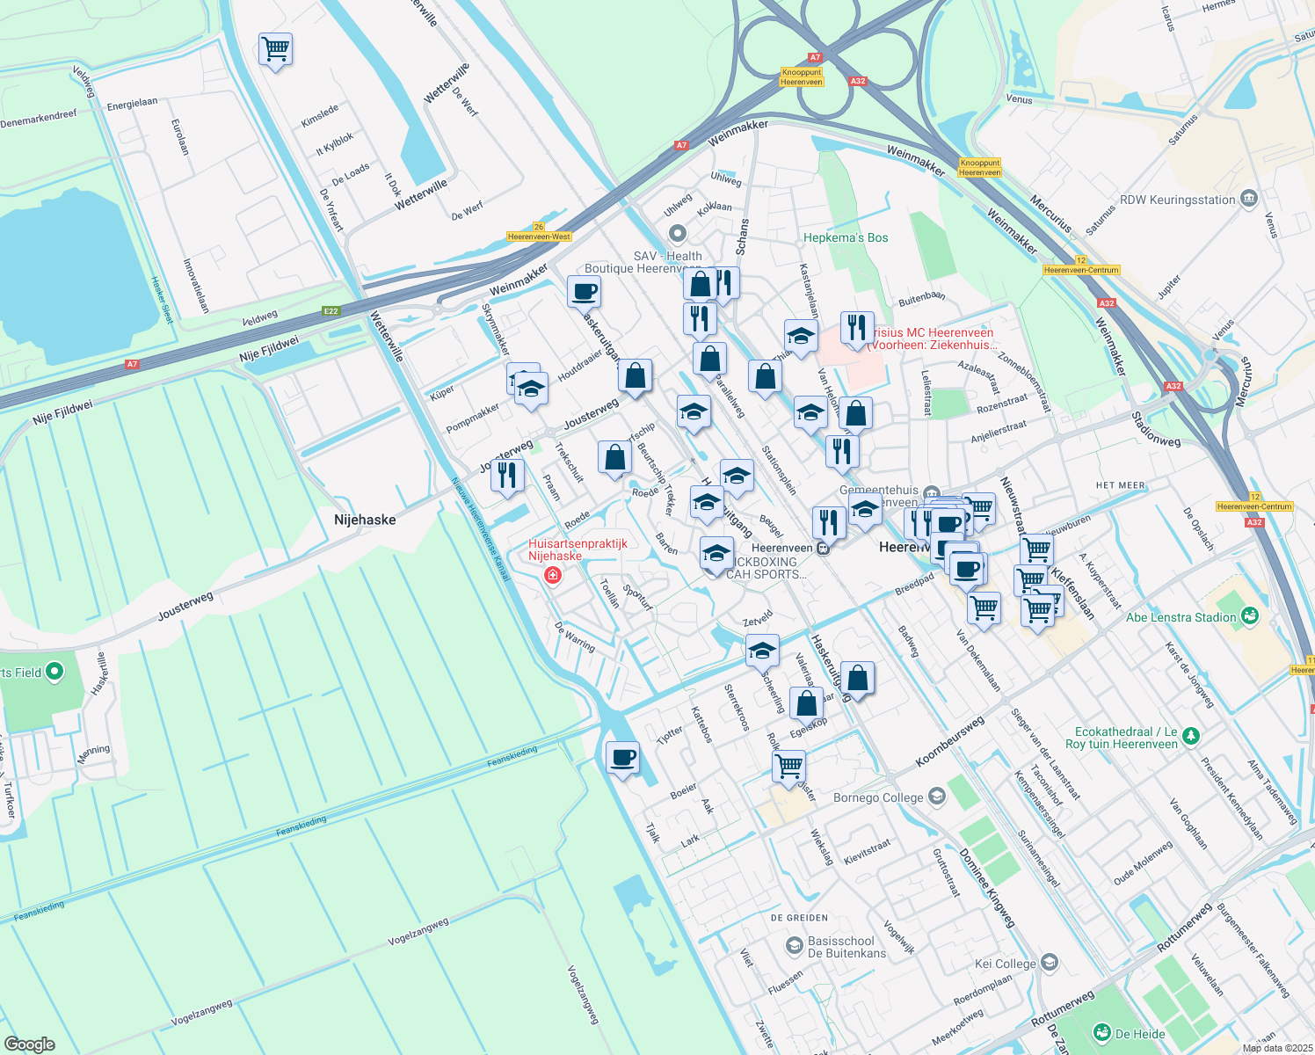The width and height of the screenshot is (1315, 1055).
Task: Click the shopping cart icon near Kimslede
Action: coord(275,49)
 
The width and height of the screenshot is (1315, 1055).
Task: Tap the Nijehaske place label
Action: coord(365,520)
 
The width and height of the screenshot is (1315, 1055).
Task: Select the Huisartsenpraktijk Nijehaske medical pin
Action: coord(553,576)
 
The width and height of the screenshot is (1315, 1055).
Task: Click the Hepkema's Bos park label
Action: coord(846,237)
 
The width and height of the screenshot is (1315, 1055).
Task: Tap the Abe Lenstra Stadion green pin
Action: coord(1250,617)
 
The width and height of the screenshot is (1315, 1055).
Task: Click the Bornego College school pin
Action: coord(937,797)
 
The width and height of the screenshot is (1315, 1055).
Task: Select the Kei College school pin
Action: coord(1049,963)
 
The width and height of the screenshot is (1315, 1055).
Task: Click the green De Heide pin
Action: coord(1102,1033)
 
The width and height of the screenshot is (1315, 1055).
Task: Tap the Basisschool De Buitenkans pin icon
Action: coord(794,946)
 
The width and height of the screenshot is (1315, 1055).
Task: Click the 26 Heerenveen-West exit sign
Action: coord(540,232)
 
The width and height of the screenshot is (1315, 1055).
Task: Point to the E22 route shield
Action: coord(331,310)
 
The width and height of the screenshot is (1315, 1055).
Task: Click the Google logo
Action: coord(30,1044)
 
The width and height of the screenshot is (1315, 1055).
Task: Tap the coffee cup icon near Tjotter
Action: coord(623,758)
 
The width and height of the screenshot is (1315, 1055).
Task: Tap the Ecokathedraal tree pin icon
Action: coord(1191,737)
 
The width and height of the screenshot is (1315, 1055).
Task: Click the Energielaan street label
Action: coord(132,104)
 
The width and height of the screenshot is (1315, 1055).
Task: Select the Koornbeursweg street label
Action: coord(949,740)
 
